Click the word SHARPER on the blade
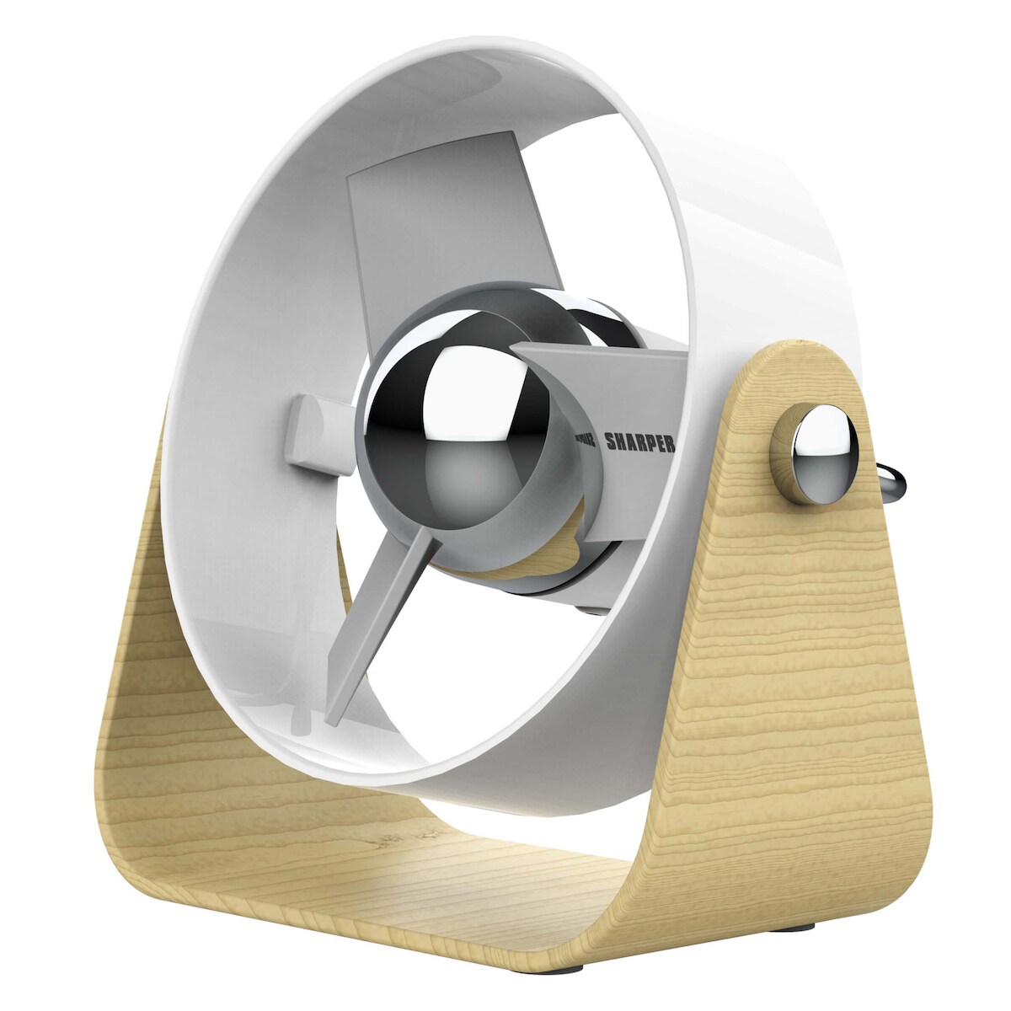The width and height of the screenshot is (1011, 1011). point(639,445)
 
